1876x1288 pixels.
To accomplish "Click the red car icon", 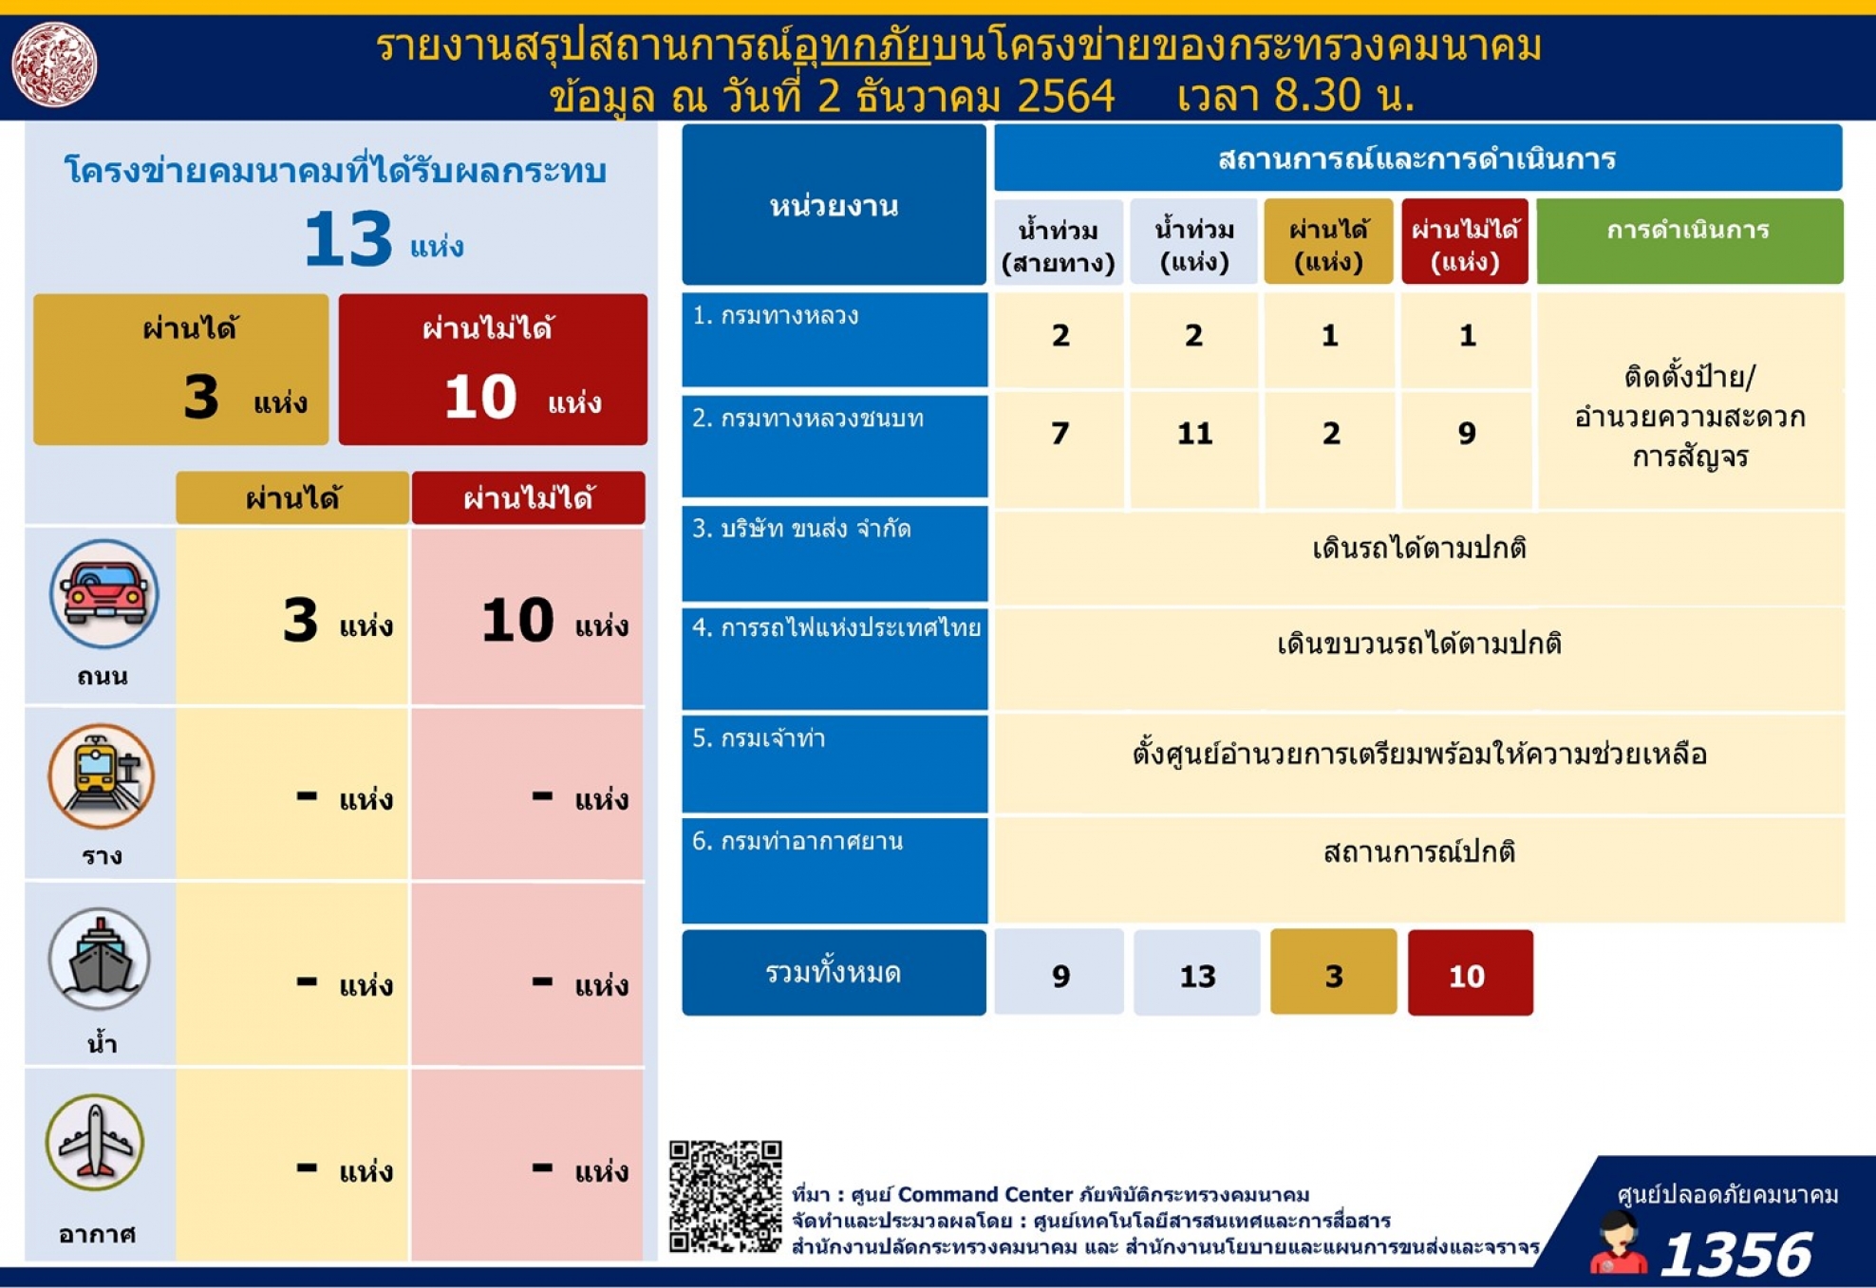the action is coord(104,594).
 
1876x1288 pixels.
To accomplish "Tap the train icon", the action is coord(102,775).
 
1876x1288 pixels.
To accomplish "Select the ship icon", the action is coord(100,959).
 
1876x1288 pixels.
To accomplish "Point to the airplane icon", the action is coord(95,1143).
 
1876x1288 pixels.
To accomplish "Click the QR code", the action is coord(725,1196).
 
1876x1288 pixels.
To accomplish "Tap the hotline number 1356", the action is coord(1736,1253).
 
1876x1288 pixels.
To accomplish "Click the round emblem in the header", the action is coord(54,65).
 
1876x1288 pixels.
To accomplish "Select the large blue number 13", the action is coord(347,239).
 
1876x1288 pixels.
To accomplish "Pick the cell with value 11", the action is coord(1194,434).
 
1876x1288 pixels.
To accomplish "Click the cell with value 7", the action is coord(1060,434).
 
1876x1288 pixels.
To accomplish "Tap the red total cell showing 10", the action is coord(1470,973).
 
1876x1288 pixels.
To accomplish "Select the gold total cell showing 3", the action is coord(1333,973).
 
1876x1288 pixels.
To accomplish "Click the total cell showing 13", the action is coord(1196,973).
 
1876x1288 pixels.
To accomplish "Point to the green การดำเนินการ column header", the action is coord(1689,241).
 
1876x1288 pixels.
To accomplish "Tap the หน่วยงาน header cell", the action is coord(834,204).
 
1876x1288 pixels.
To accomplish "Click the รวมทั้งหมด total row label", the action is coord(834,973).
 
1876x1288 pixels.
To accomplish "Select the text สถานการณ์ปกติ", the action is coord(1418,851).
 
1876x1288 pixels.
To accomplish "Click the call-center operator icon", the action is coord(1618,1243).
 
